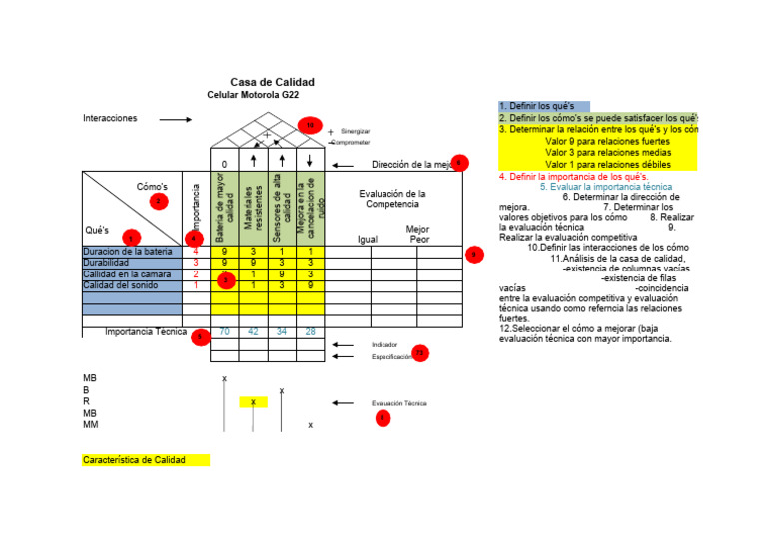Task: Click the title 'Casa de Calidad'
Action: coord(272,82)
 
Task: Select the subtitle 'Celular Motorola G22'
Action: coord(252,95)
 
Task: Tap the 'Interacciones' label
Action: coord(110,118)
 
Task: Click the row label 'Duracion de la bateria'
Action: coord(128,252)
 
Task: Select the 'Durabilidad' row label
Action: coord(109,263)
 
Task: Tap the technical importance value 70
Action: coord(225,332)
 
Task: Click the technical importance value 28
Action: coord(311,332)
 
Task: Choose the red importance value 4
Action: coord(196,252)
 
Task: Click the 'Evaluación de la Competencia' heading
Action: coord(392,199)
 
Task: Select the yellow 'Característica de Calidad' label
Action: coord(146,460)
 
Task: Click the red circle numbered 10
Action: coord(310,126)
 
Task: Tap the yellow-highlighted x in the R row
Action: coord(254,402)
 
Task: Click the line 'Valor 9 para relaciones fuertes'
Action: coord(608,141)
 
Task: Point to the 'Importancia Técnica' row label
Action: coord(146,332)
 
